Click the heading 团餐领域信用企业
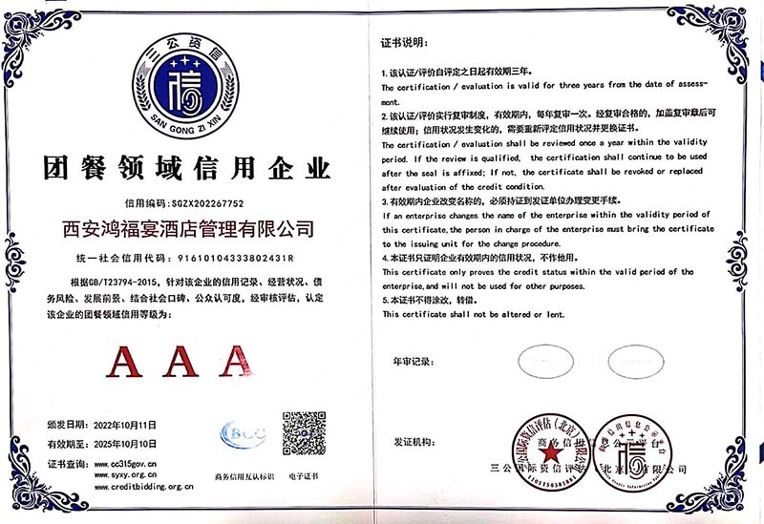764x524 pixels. tap(187, 169)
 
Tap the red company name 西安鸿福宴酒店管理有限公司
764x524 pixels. tap(187, 230)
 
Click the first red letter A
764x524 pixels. tap(126, 360)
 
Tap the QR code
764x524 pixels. tap(305, 433)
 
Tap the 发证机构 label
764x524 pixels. tap(414, 443)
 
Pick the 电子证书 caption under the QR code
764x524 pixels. tap(305, 474)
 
